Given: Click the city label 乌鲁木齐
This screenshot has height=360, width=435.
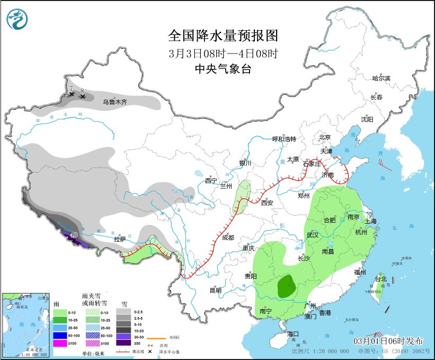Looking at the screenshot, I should click(114, 102).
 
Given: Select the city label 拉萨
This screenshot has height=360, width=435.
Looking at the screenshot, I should click(120, 239).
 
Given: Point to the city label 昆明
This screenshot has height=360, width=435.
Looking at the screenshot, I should click(215, 290).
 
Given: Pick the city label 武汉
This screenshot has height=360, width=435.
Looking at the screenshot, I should click(312, 235).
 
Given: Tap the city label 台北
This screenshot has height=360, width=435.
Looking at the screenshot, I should click(381, 279).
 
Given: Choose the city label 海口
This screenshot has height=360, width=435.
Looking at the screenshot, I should click(294, 334).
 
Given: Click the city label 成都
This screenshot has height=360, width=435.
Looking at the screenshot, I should click(228, 238).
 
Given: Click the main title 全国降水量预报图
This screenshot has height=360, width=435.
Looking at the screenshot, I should click(223, 36).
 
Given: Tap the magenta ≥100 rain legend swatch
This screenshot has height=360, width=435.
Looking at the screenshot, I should click(60, 343).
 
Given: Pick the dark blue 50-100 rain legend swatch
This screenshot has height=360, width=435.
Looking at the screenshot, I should click(60, 336).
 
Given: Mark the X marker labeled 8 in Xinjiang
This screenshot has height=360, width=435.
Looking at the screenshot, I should click(83, 96).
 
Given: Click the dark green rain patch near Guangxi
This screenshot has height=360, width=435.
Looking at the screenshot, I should click(287, 286).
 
